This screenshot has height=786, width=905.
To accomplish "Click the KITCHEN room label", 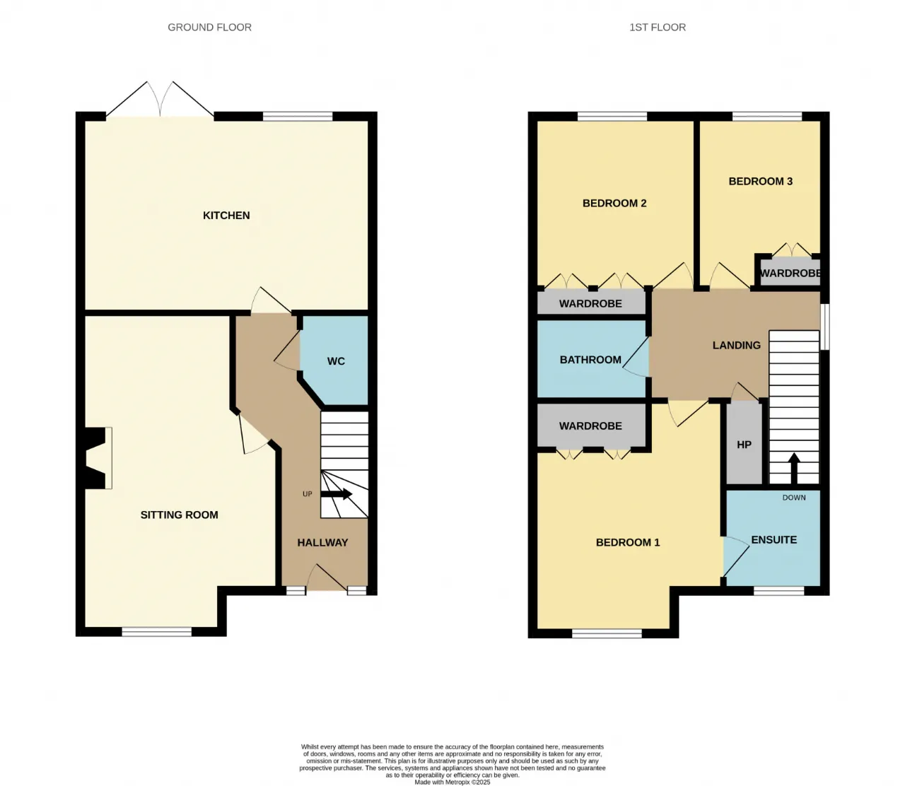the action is click(226, 216).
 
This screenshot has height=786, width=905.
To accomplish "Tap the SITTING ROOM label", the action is click(179, 515).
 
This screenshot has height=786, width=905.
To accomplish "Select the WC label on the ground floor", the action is click(336, 361).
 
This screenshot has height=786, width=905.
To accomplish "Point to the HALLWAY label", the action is click(322, 542).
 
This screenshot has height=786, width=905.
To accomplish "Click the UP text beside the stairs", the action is click(307, 494).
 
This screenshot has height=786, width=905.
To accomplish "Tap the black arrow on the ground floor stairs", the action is click(336, 494).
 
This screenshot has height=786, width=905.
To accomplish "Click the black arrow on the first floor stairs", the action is click(794, 468).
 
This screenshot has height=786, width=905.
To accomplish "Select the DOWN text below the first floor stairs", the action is click(794, 498).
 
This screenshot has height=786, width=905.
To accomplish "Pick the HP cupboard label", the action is click(744, 445).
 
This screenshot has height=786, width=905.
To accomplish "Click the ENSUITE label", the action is click(774, 540).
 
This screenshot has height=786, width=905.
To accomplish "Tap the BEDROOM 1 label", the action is click(628, 542).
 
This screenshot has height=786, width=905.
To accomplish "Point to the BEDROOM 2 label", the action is click(614, 204).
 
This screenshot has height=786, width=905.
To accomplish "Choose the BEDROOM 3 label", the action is click(760, 181).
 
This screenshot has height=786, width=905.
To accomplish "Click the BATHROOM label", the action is click(590, 360).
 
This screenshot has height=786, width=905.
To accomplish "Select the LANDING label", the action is click(737, 345).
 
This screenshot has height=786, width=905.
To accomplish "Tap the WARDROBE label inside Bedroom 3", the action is click(790, 274).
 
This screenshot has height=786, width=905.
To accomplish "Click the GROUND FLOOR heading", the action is click(210, 28).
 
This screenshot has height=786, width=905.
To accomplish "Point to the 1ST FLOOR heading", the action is click(658, 28).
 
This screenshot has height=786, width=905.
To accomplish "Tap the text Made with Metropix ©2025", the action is click(452, 782).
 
